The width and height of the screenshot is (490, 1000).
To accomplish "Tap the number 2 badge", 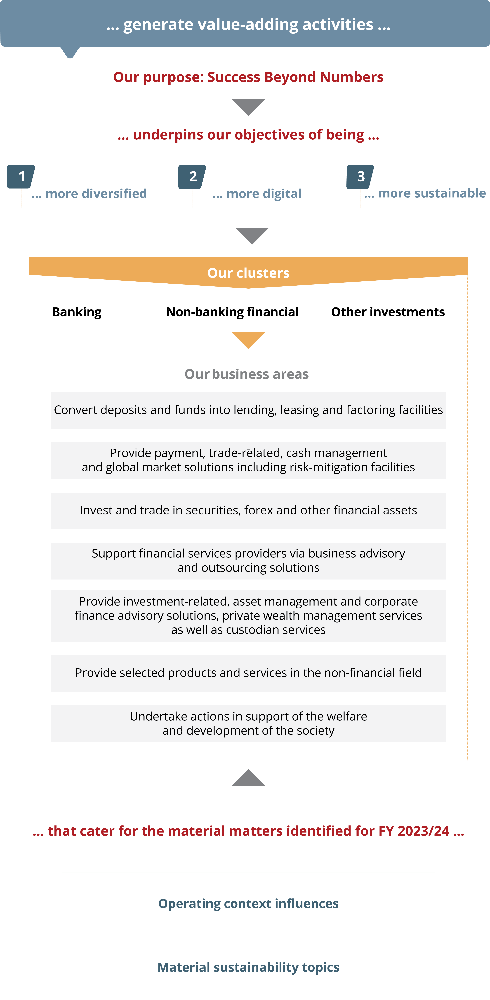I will click(x=192, y=177).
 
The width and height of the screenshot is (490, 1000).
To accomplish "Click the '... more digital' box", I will click(x=257, y=194).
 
